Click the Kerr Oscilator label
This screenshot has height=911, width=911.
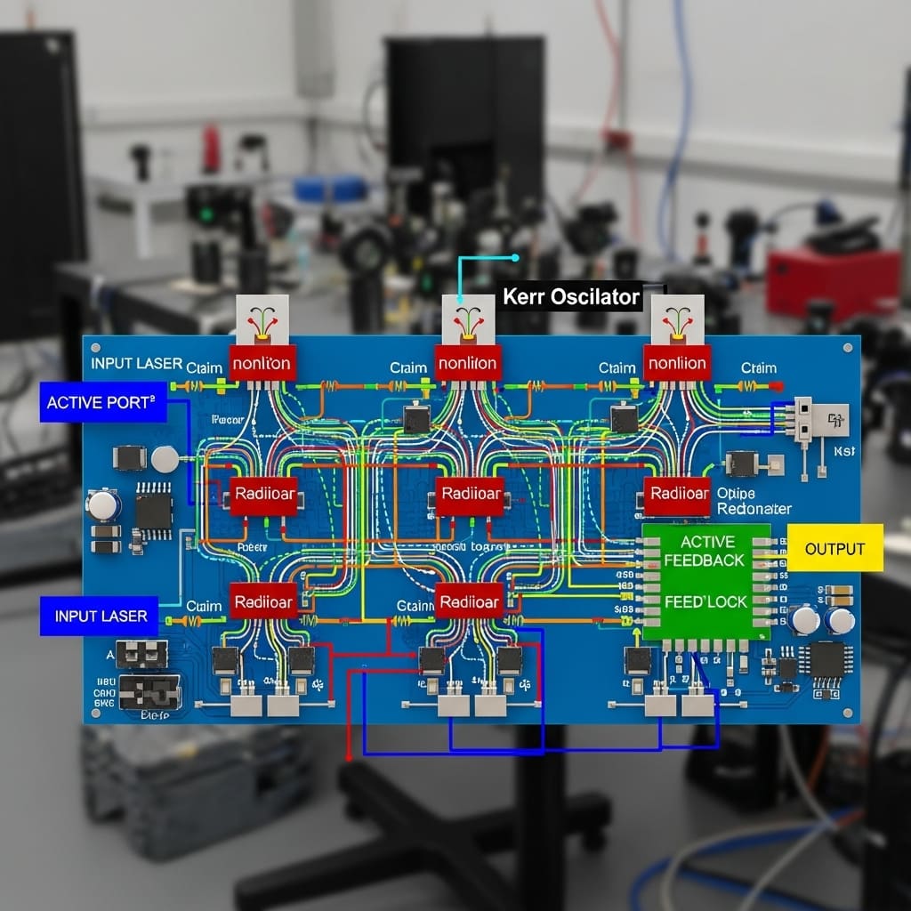click(570, 297)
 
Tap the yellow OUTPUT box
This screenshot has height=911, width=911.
click(834, 548)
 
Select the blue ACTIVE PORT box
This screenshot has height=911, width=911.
click(101, 402)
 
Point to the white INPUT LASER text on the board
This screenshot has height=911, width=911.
click(136, 363)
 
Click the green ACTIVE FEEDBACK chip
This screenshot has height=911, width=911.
click(706, 582)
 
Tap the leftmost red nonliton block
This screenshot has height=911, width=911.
click(262, 363)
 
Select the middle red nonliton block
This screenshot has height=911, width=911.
click(468, 363)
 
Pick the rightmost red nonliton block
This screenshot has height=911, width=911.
click(678, 363)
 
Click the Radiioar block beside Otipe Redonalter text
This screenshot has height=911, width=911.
click(678, 495)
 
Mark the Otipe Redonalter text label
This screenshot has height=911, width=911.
click(753, 501)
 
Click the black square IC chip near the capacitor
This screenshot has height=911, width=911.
click(153, 512)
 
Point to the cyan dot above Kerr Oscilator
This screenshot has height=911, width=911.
click(515, 258)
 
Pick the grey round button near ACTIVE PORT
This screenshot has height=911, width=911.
click(165, 459)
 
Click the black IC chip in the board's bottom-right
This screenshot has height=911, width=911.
click(826, 660)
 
